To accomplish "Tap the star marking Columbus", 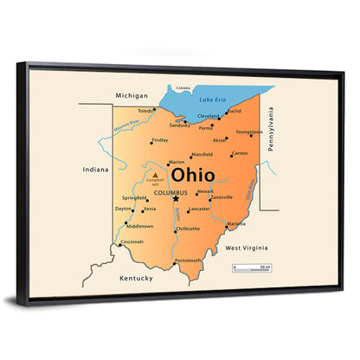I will [x=176, y=199].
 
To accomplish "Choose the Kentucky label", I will [x=136, y=278].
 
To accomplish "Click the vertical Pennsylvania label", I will [x=271, y=130].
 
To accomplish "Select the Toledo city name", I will [x=146, y=111].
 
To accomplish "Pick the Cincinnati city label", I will [x=132, y=241].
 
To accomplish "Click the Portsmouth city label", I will [x=188, y=260].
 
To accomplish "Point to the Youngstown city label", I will [x=249, y=132].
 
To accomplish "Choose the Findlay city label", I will [x=160, y=139].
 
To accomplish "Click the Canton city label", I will [x=240, y=154].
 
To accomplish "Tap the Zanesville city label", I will [x=222, y=196].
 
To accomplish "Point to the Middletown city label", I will [x=139, y=226].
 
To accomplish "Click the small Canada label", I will [x=183, y=88].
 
